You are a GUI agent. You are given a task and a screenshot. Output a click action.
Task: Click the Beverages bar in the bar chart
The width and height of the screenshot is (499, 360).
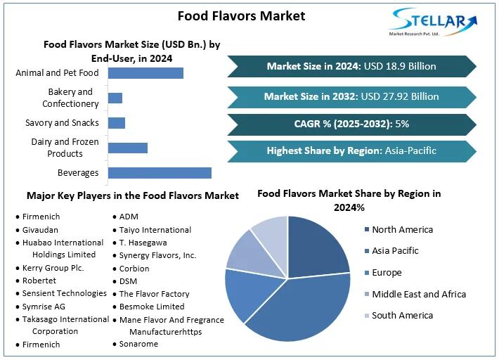tap(160, 173)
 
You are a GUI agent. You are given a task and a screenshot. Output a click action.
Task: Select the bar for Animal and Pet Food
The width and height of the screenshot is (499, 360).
tap(145, 73)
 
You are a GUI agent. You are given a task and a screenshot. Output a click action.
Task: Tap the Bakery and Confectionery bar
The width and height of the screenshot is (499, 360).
tap(115, 98)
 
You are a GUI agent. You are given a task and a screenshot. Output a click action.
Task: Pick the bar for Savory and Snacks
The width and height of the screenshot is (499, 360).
tap(116, 123)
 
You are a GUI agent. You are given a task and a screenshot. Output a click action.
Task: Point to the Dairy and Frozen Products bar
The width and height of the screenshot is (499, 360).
tap(127, 148)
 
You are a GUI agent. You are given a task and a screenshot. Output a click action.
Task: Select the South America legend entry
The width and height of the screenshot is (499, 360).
tap(402, 316)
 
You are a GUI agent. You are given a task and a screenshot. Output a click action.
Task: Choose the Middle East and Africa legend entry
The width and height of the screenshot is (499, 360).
tap(419, 294)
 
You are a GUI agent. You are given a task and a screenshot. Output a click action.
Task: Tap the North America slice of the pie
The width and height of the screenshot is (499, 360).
tap(316, 247)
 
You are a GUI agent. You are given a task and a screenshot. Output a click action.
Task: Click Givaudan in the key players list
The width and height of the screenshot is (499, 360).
tap(40, 230)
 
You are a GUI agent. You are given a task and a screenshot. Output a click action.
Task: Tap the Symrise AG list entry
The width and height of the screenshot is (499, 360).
tap(44, 306)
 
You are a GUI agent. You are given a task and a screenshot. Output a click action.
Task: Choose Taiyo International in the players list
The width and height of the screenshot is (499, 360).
tap(155, 230)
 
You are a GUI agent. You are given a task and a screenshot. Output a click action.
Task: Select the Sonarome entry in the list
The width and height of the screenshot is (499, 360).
tap(138, 344)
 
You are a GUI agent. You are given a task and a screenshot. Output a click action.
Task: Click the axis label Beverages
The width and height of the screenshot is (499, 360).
tap(78, 173)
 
